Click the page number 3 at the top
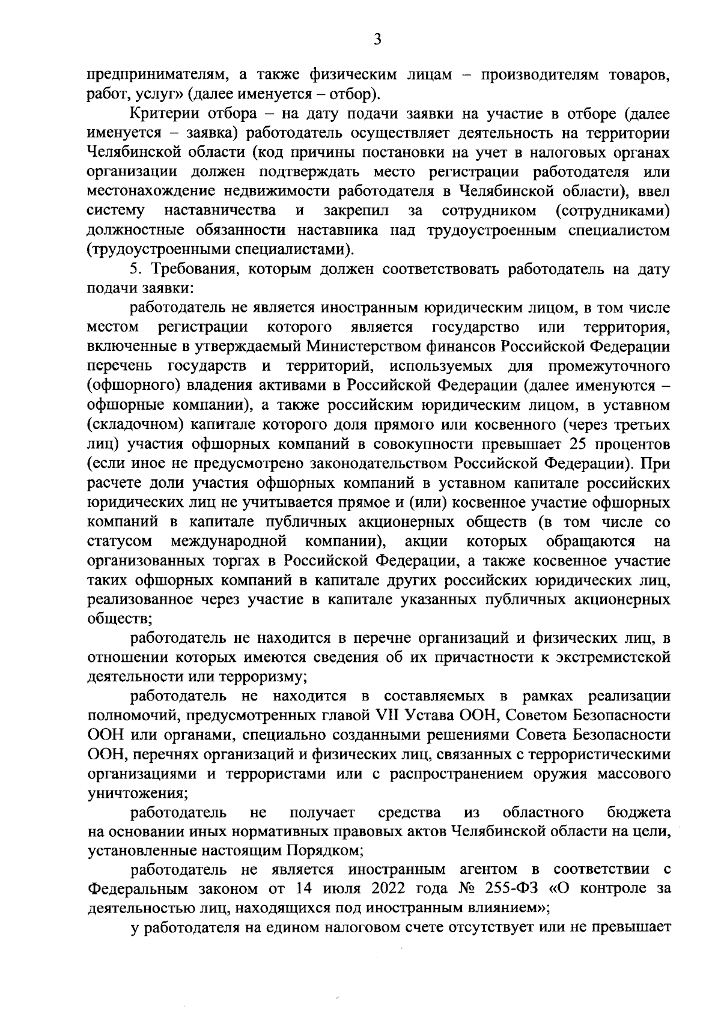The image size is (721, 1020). pyautogui.click(x=377, y=40)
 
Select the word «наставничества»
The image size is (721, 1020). pyautogui.click(x=220, y=211)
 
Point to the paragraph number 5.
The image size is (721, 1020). pyautogui.click(x=135, y=269)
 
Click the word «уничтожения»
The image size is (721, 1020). pyautogui.click(x=138, y=794)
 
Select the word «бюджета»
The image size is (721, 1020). pyautogui.click(x=639, y=813)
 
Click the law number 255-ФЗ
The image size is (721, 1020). pyautogui.click(x=513, y=889)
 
